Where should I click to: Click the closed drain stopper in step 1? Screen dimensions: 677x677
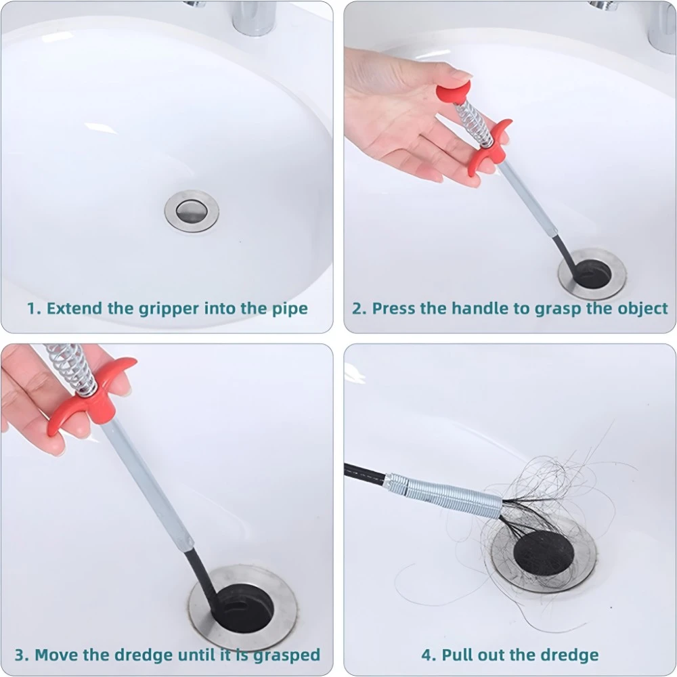192,211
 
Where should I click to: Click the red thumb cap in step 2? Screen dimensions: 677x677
454,95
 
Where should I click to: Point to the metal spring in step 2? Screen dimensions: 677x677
475,123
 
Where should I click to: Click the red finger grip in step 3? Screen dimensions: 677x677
91,397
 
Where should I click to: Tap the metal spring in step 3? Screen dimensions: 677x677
71,369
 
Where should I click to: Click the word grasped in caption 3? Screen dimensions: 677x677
286,655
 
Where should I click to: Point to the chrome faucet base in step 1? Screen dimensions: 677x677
254,18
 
